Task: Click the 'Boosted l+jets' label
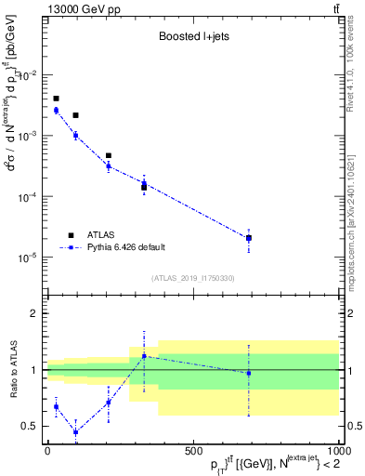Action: click(x=190, y=37)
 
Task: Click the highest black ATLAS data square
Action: click(x=57, y=99)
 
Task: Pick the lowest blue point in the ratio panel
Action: click(x=75, y=432)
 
